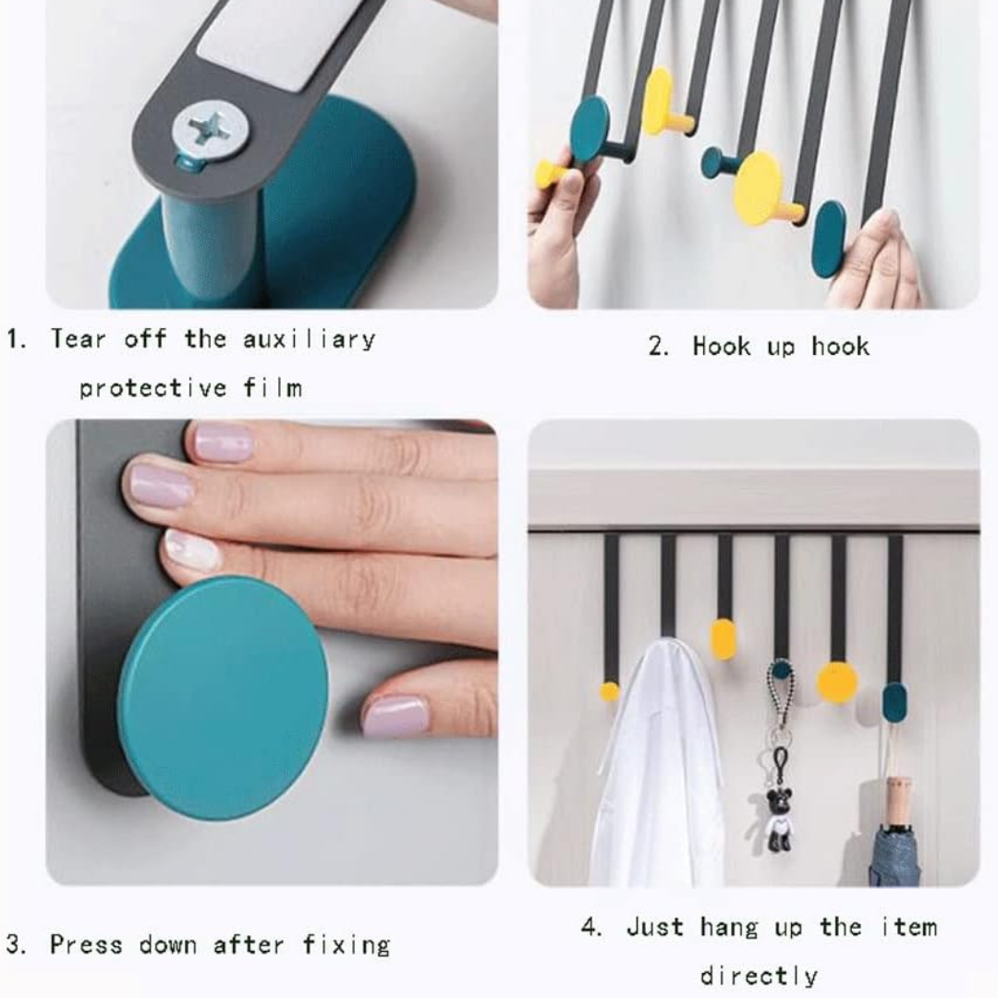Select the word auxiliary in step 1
[310, 339]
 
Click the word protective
[152, 387]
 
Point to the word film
[274, 387]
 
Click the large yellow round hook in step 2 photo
[758, 189]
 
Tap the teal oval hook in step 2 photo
[828, 239]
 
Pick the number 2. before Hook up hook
[658, 347]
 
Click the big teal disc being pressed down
[224, 698]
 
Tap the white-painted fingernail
[192, 551]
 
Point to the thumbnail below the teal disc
[396, 716]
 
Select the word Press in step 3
[86, 944]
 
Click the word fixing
[347, 944]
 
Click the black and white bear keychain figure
[778, 819]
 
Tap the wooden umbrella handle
[898, 800]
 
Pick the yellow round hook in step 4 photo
[837, 682]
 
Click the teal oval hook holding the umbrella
[895, 702]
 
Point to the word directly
[759, 976]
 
